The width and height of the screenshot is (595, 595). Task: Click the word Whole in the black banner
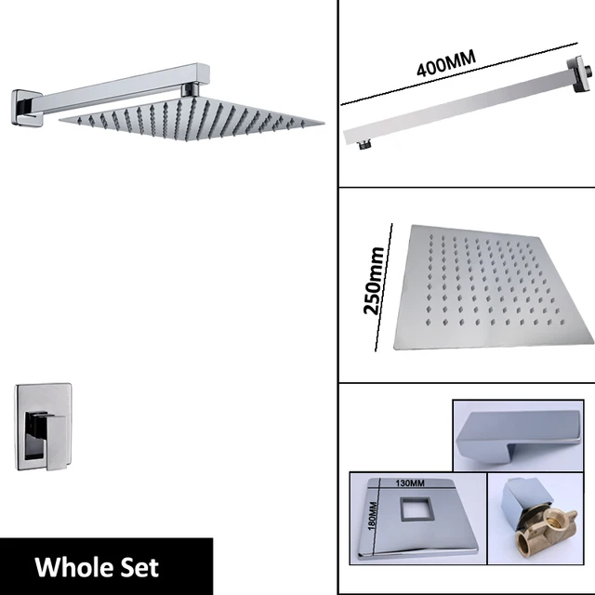(71, 566)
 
